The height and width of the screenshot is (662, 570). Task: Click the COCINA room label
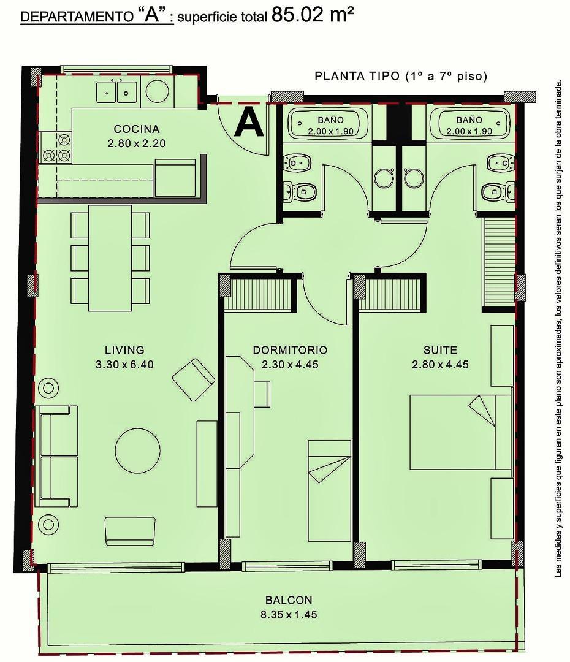coord(137,129)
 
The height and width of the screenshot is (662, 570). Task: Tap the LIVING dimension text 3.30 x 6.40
coord(124,364)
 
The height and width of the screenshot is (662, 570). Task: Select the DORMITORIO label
coord(290,350)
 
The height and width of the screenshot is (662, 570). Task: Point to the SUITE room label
coord(440,350)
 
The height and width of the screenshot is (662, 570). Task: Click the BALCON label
coord(289,600)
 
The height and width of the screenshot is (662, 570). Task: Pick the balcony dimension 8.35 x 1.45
coord(289,614)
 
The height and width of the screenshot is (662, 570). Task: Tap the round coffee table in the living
coord(138,450)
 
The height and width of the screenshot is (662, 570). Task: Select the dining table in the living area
coord(110,258)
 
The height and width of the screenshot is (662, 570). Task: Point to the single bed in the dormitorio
coord(329,490)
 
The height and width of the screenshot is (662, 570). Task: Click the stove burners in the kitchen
coord(56,148)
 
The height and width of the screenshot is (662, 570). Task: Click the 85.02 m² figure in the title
coord(313,15)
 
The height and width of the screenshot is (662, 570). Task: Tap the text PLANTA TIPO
coord(357,77)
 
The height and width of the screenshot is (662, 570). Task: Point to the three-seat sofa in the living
coord(56,456)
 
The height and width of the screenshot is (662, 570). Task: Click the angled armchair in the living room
coord(194,380)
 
